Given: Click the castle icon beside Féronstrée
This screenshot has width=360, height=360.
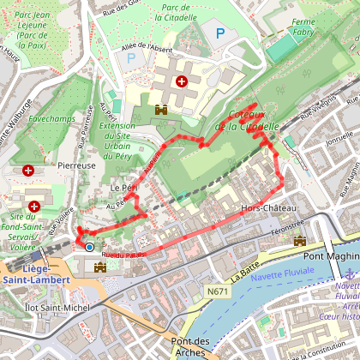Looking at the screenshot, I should tap(299, 242).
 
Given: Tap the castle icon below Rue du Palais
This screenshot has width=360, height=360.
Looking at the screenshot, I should tap(99, 268).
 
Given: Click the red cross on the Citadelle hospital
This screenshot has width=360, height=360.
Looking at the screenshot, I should tap(181, 81).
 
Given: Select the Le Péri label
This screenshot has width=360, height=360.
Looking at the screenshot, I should tap(123, 187).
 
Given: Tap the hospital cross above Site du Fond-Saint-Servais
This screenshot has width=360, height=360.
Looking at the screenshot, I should tap(34, 207).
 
